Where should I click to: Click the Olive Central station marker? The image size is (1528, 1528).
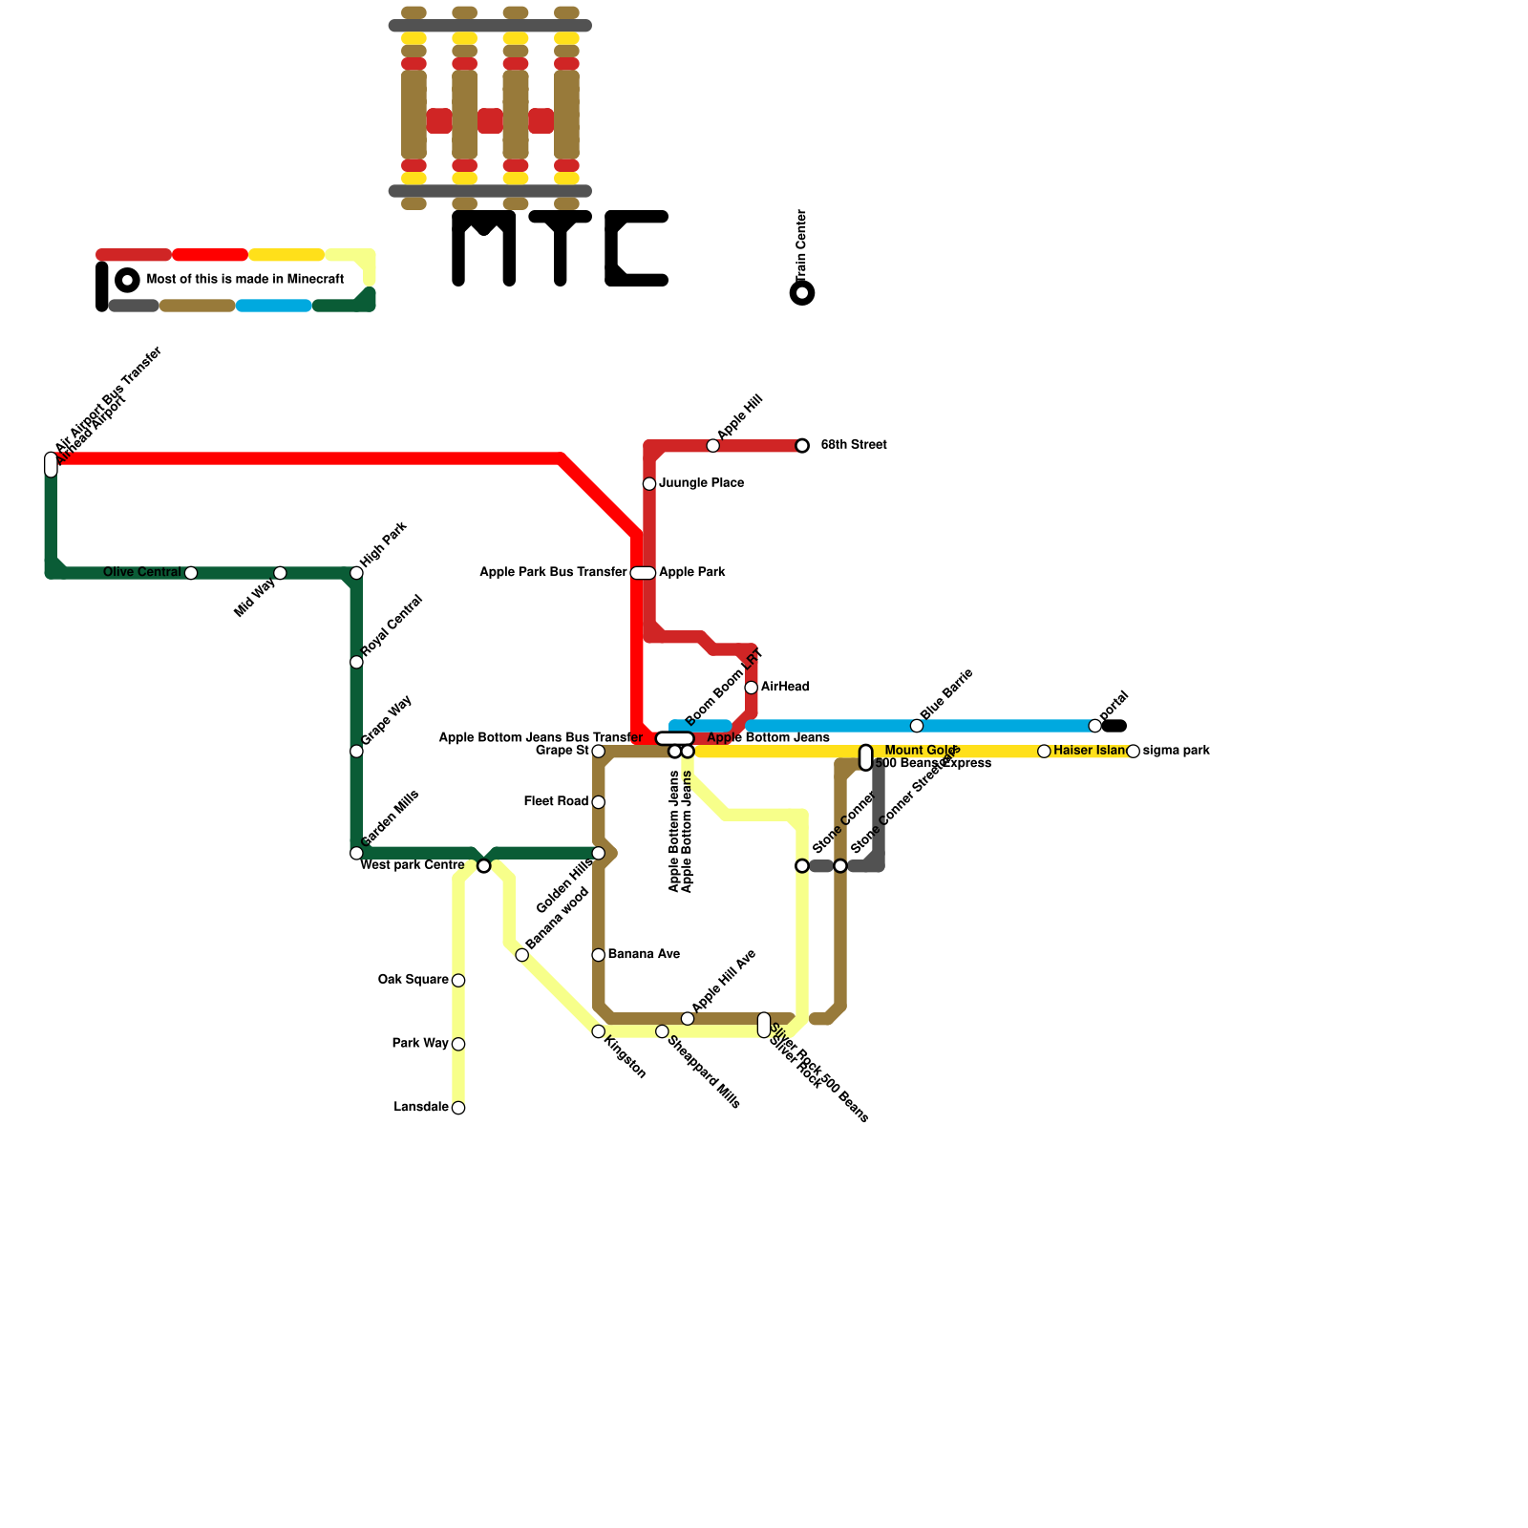191,573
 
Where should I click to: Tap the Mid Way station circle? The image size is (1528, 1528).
280,573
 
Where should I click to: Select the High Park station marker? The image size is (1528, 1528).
356,573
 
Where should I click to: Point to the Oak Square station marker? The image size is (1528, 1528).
458,981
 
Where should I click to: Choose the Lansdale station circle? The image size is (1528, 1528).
458,1108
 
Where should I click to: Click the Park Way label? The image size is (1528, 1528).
419,1044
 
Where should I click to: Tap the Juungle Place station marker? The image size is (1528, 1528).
649,484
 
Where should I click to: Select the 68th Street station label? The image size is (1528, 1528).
854,445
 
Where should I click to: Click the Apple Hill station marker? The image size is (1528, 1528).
713,446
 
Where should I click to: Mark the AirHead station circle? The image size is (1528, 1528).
752,688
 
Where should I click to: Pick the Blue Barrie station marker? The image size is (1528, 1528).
917,726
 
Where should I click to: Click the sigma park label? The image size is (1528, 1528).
1176,751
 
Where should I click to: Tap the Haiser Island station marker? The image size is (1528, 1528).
1044,752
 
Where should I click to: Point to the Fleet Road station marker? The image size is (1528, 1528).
599,802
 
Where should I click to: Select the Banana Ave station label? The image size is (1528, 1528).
644,954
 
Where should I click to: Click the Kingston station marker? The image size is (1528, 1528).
599,1031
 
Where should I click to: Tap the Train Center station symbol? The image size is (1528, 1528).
803,292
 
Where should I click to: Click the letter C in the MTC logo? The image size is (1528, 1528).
636,248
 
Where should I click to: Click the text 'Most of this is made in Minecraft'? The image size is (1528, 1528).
244,280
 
